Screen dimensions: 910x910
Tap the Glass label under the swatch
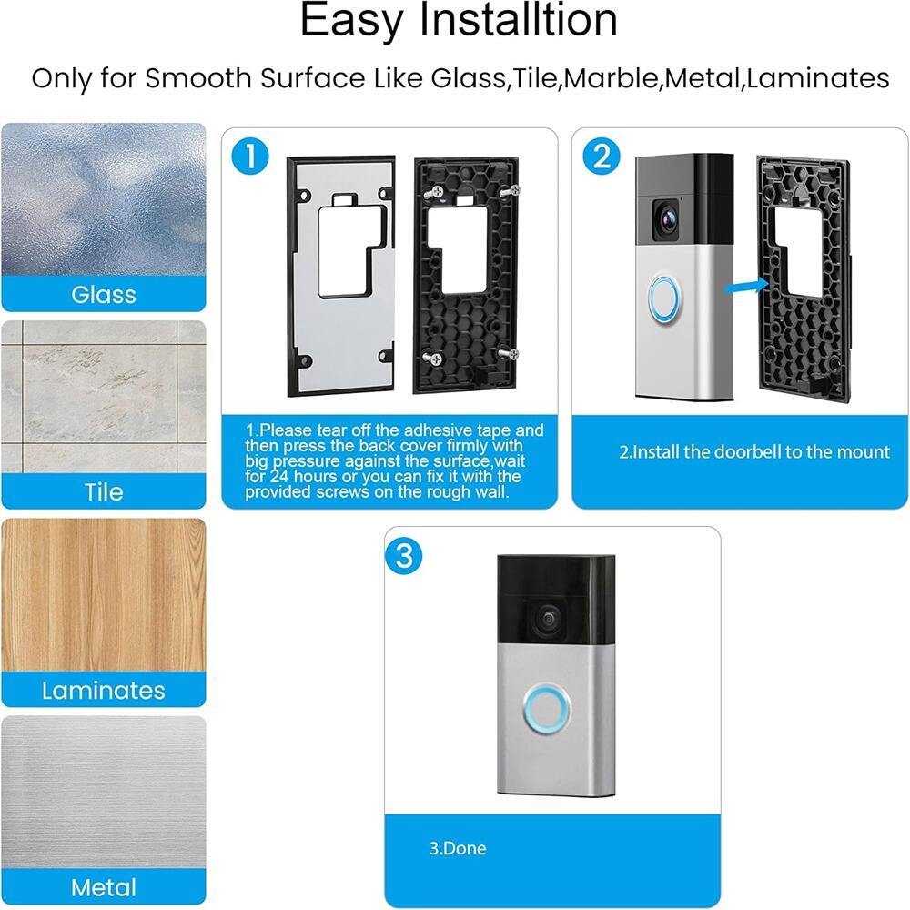pos(104,294)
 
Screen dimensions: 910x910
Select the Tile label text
pos(104,491)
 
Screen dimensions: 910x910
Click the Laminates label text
pos(104,690)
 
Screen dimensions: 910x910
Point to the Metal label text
pos(104,887)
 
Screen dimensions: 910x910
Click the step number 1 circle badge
pos(249,157)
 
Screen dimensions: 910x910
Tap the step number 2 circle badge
pos(601,157)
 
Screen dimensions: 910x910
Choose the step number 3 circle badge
pos(404,555)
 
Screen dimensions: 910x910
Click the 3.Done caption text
pos(458,848)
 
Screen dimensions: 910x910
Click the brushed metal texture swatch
pos(104,792)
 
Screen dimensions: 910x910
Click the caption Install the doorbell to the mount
pos(754,451)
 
